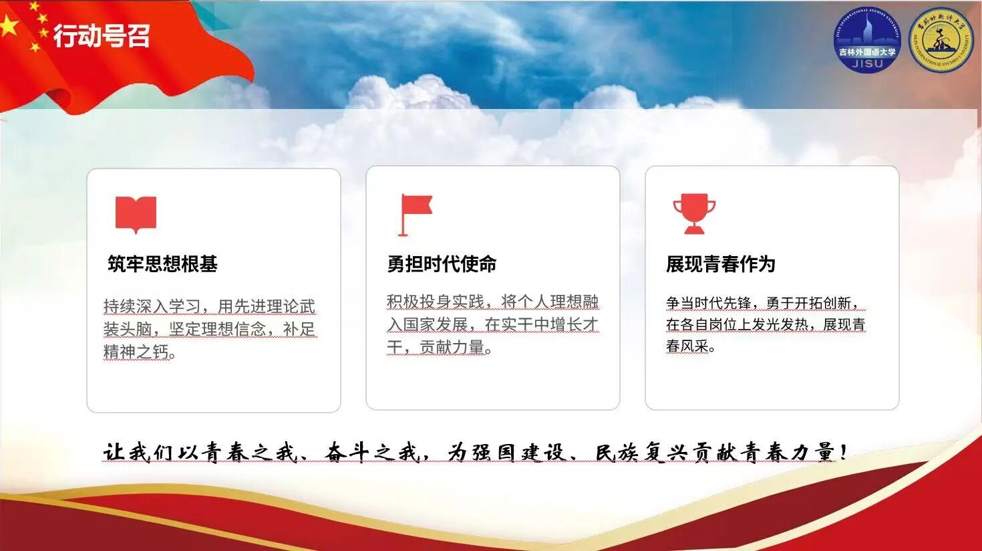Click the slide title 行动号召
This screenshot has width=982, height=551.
102,35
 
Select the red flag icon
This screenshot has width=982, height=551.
415,215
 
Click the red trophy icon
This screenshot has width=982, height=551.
695,214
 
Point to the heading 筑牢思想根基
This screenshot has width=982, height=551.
162,264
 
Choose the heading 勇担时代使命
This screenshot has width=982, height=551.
442,264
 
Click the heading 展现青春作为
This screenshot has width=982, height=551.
721,264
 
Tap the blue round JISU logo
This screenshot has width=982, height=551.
868,40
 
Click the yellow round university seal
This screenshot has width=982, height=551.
941,40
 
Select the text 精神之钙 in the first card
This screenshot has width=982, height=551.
136,352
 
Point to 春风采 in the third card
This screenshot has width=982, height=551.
687,346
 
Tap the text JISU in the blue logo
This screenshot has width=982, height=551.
868,64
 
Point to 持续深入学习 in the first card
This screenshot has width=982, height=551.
152,306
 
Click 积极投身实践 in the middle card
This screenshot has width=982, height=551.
436,302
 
